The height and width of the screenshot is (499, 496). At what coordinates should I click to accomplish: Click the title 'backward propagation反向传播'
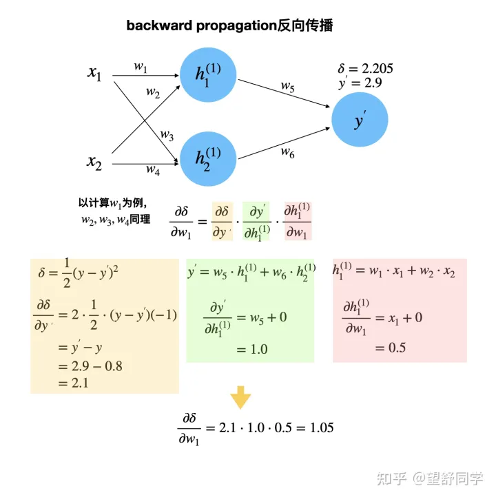(x=229, y=26)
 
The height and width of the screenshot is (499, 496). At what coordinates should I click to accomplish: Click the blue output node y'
(x=360, y=120)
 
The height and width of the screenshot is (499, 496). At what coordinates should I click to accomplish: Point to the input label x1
(x=94, y=73)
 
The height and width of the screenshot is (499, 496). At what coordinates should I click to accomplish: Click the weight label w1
(x=141, y=67)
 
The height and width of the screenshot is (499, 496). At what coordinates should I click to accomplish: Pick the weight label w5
(x=287, y=86)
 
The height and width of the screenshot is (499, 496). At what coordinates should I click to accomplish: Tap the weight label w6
(x=287, y=153)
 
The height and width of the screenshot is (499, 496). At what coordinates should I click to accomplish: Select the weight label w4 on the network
(x=153, y=169)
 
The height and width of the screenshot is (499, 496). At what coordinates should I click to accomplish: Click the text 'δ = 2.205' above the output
(x=365, y=69)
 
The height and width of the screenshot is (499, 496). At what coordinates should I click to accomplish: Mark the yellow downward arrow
(x=240, y=397)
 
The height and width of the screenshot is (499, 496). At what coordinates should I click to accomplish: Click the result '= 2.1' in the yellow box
(x=72, y=383)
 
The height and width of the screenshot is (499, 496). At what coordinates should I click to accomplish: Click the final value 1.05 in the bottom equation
(x=322, y=427)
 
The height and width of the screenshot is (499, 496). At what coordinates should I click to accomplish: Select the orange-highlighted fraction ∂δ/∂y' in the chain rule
(x=223, y=221)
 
